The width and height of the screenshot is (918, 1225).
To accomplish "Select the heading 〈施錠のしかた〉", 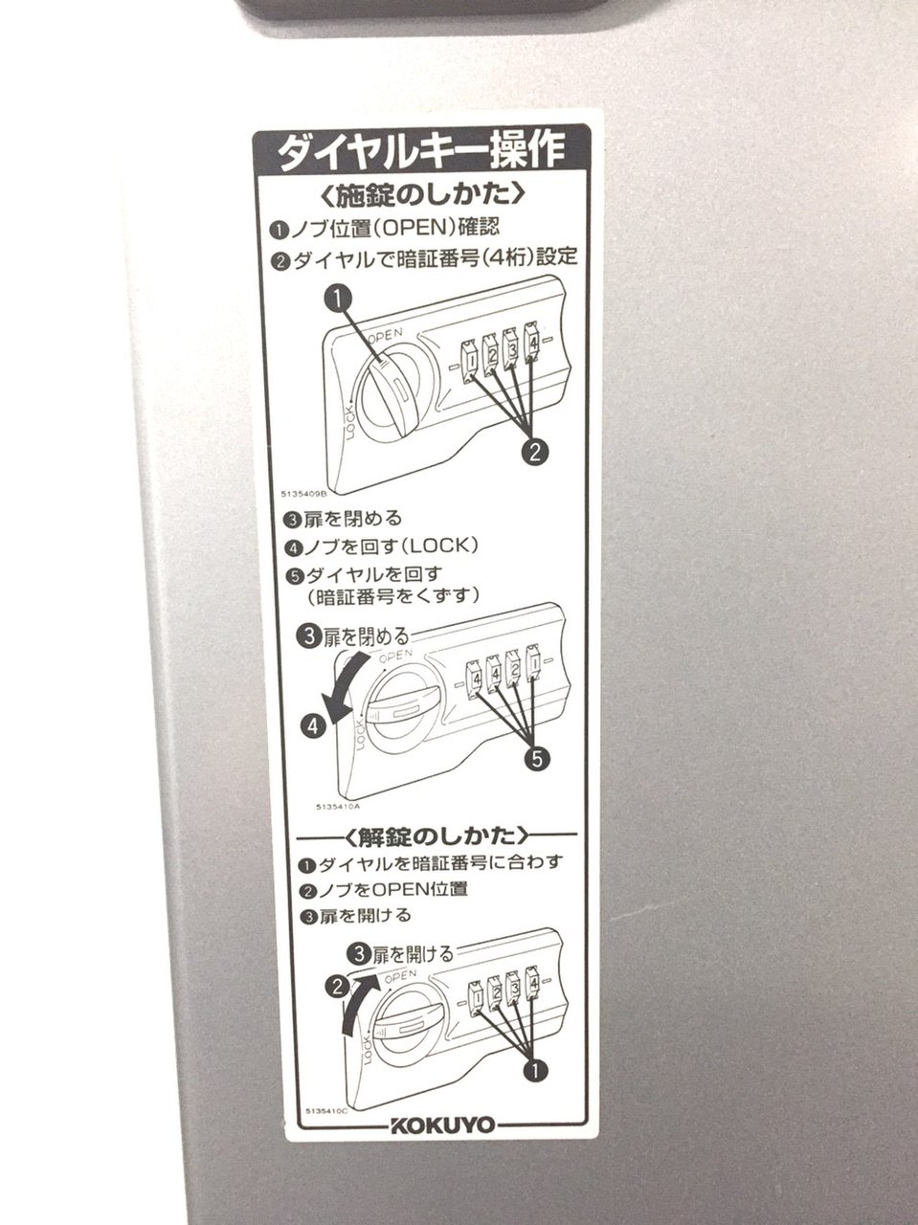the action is click(x=422, y=194).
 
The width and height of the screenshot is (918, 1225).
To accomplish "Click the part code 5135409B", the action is click(x=304, y=493).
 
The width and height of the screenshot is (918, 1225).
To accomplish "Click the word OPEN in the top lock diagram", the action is click(x=385, y=335).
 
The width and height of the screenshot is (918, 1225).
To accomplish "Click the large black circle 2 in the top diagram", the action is click(x=534, y=451).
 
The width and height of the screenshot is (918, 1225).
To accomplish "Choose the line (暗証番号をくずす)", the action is click(x=392, y=596).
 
